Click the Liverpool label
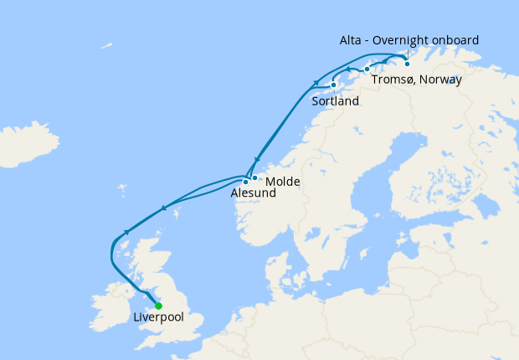[158, 318]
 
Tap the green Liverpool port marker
[158, 306]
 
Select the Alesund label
[253, 193]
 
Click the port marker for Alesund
[245, 182]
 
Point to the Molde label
[282, 182]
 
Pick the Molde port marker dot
[254, 177]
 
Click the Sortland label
[335, 101]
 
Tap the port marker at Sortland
[333, 85]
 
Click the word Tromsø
[389, 80]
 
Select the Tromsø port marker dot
[367, 69]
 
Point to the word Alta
[351, 40]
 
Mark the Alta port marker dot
[408, 64]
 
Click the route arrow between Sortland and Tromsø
[348, 68]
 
